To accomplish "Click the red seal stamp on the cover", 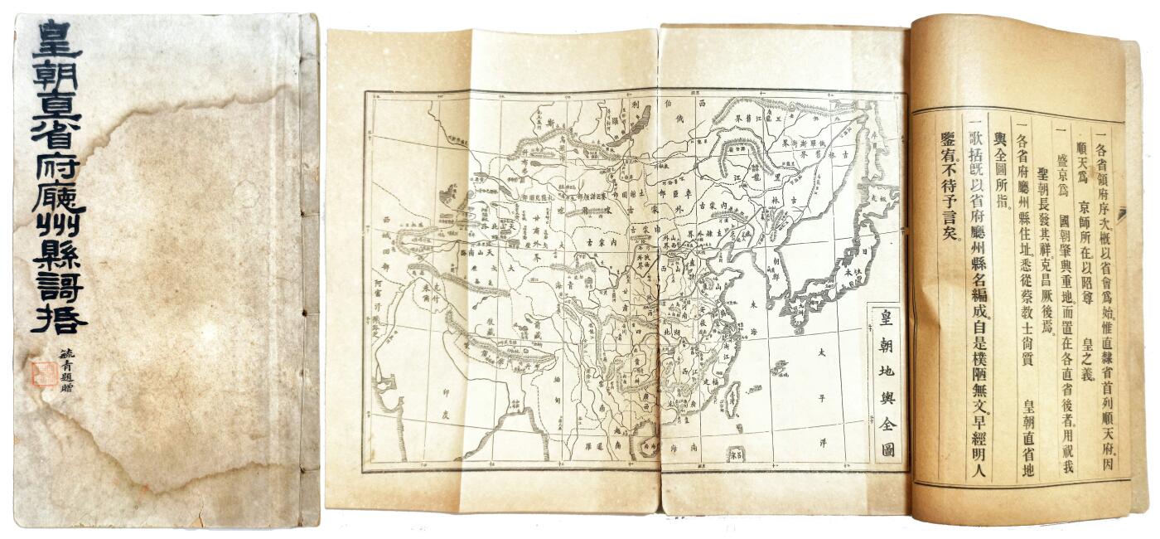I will point(43,373).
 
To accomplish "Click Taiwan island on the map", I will point(732,401).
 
